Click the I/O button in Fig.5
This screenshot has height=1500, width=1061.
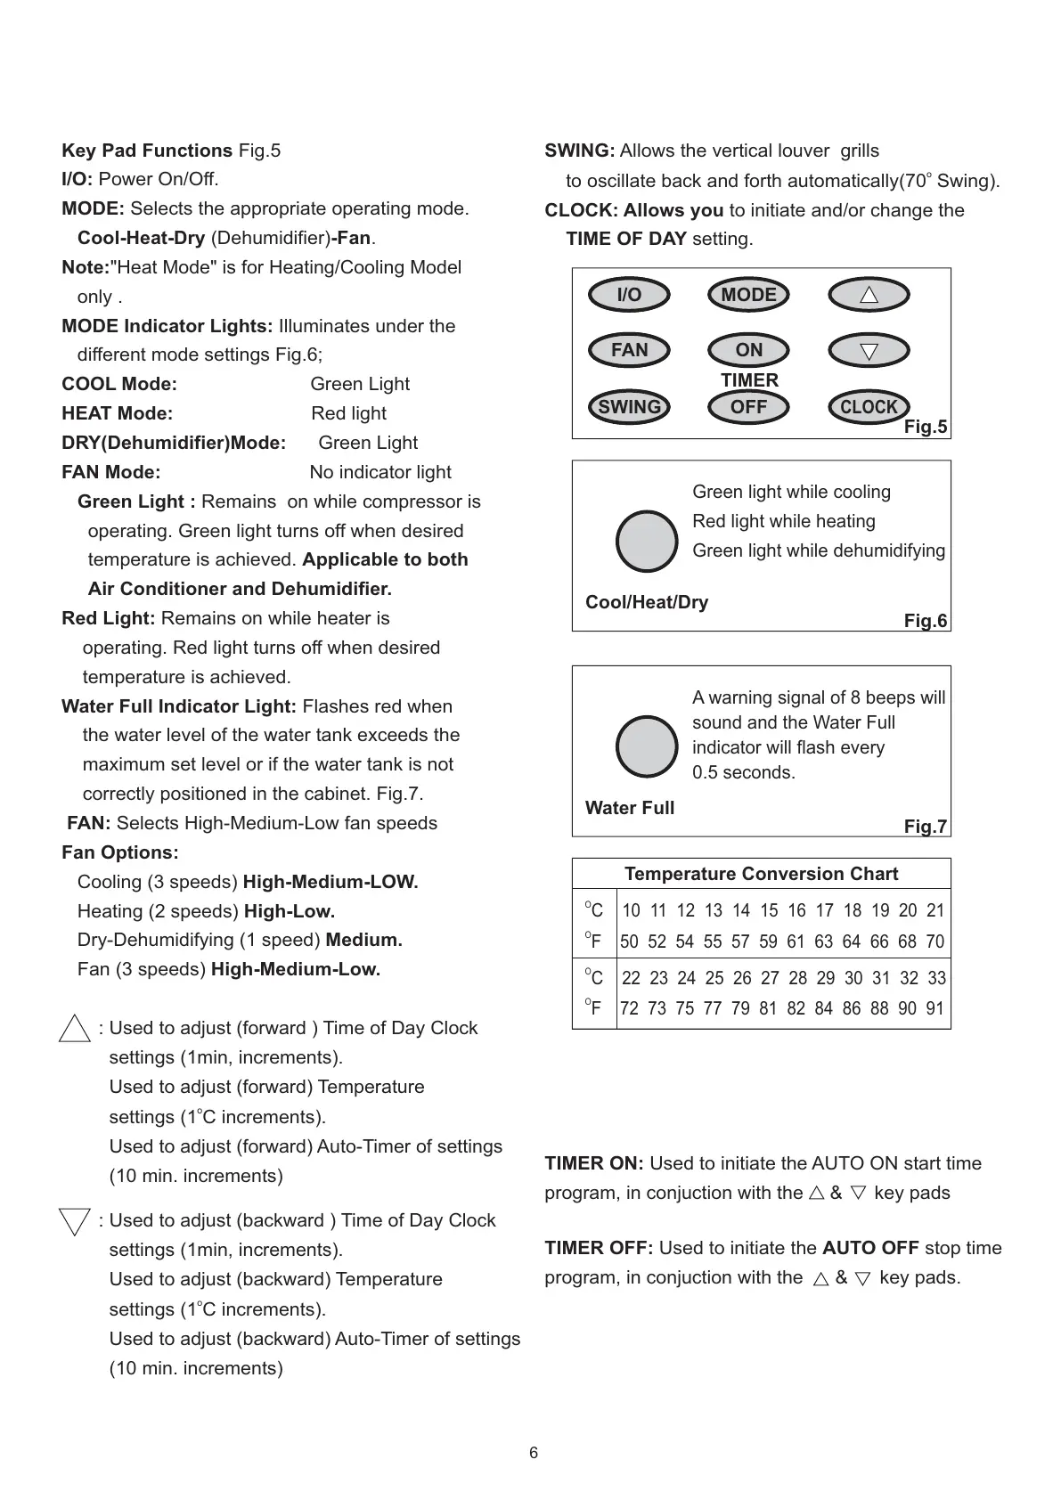pos(629,295)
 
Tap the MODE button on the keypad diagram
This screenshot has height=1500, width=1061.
pos(748,295)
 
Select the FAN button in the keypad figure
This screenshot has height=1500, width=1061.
pos(629,350)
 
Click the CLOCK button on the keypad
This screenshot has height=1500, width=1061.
pos(869,407)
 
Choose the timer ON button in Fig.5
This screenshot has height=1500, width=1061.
pos(748,350)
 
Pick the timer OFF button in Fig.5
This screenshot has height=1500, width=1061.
pos(748,407)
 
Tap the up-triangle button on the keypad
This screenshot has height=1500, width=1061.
pos(869,295)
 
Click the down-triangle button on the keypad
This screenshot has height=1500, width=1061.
pos(869,351)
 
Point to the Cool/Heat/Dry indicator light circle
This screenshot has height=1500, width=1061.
pos(648,542)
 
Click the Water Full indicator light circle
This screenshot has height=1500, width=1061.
pos(648,746)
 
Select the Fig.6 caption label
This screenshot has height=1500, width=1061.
pos(926,621)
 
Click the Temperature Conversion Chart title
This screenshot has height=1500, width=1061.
pos(761,874)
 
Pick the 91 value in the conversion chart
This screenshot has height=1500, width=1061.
pos(934,1008)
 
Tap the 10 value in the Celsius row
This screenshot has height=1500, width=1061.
pos(631,910)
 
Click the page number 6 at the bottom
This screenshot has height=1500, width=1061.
pos(534,1453)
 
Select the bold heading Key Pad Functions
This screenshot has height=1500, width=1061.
pos(147,151)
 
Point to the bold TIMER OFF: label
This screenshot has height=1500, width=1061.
pos(599,1248)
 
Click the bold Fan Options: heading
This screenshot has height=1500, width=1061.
pos(120,852)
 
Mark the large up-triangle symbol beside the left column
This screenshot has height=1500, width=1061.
pos(75,1029)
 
